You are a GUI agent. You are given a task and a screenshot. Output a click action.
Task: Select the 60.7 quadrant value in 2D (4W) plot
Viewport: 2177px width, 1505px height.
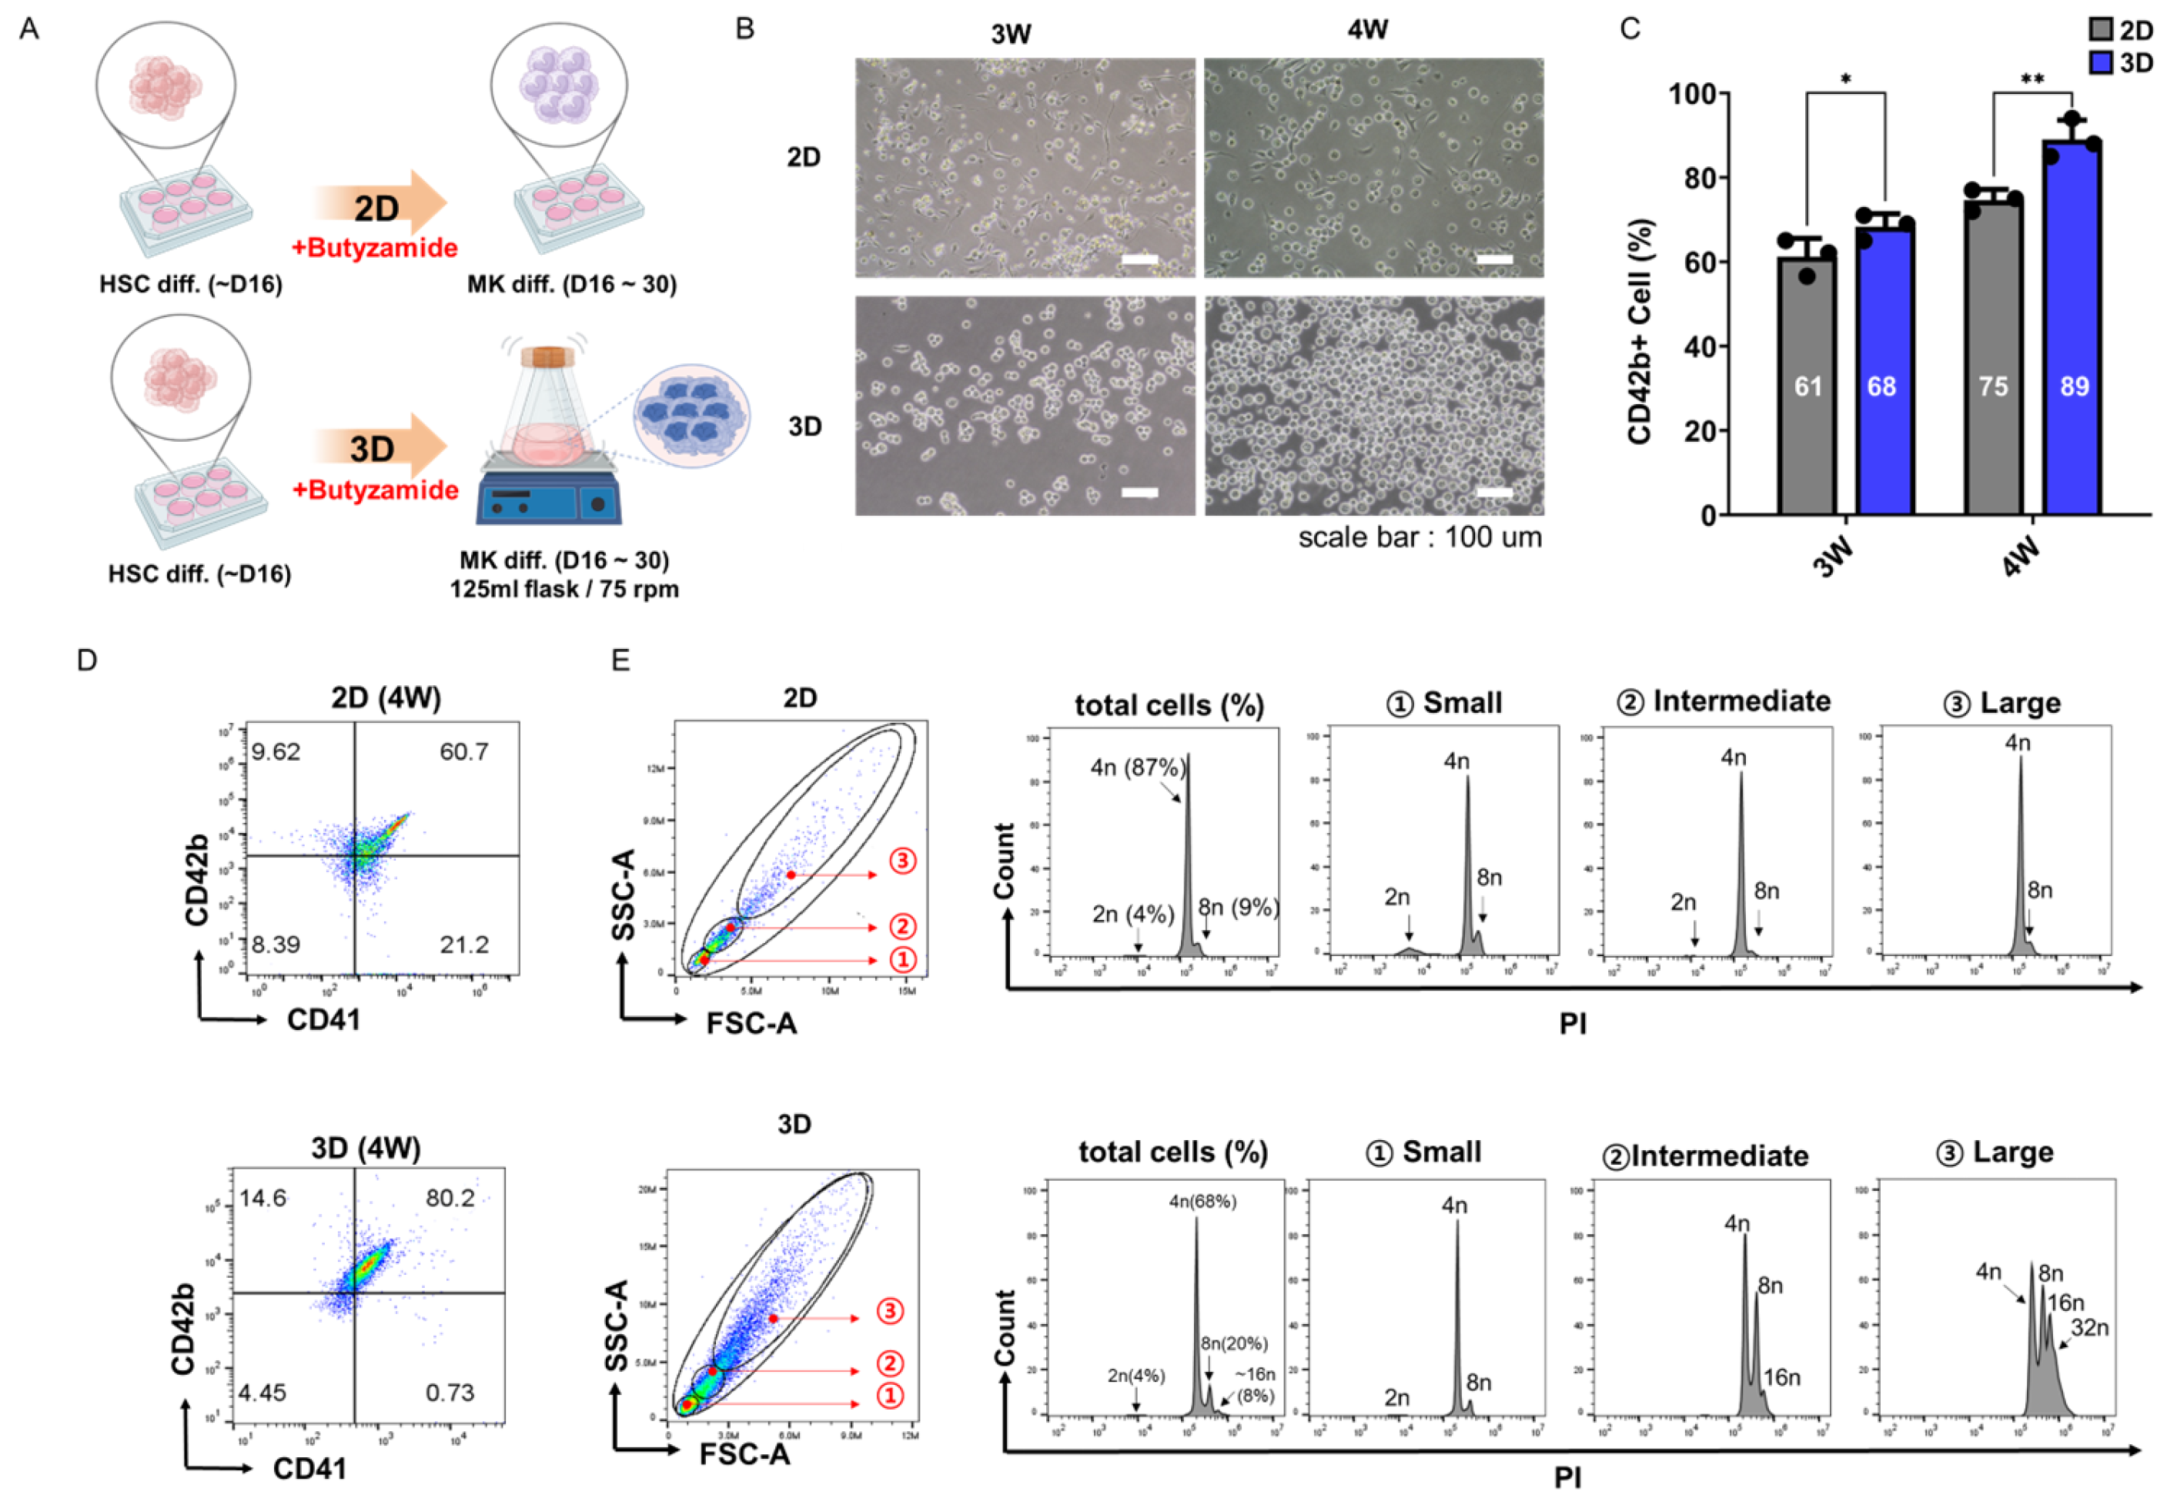click(x=464, y=751)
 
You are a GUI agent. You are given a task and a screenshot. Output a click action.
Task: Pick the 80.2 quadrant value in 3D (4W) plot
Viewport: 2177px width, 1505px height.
click(x=450, y=1198)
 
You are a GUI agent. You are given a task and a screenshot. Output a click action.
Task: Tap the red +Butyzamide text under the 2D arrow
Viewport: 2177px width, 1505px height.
click(x=374, y=248)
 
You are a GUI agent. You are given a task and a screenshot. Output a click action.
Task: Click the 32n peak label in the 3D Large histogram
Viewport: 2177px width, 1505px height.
click(x=2089, y=1328)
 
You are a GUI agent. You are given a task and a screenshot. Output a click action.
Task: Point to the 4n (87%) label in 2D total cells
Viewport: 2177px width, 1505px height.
click(x=1138, y=768)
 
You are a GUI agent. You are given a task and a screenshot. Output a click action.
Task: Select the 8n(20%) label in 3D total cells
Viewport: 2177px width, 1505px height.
click(x=1233, y=1343)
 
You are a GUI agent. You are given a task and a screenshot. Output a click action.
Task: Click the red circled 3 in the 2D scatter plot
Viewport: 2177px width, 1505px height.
click(x=902, y=860)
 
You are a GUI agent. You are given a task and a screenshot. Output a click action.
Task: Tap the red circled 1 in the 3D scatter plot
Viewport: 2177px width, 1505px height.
click(x=889, y=1396)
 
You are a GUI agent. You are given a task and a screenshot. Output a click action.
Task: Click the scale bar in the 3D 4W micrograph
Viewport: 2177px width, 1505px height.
click(x=1493, y=492)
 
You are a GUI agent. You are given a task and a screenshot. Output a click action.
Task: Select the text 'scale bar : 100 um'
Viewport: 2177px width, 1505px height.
click(x=1419, y=537)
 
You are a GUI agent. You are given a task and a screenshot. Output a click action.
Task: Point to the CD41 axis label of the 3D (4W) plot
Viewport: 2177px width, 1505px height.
click(x=309, y=1468)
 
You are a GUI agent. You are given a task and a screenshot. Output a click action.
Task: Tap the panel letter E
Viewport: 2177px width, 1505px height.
click(x=620, y=660)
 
